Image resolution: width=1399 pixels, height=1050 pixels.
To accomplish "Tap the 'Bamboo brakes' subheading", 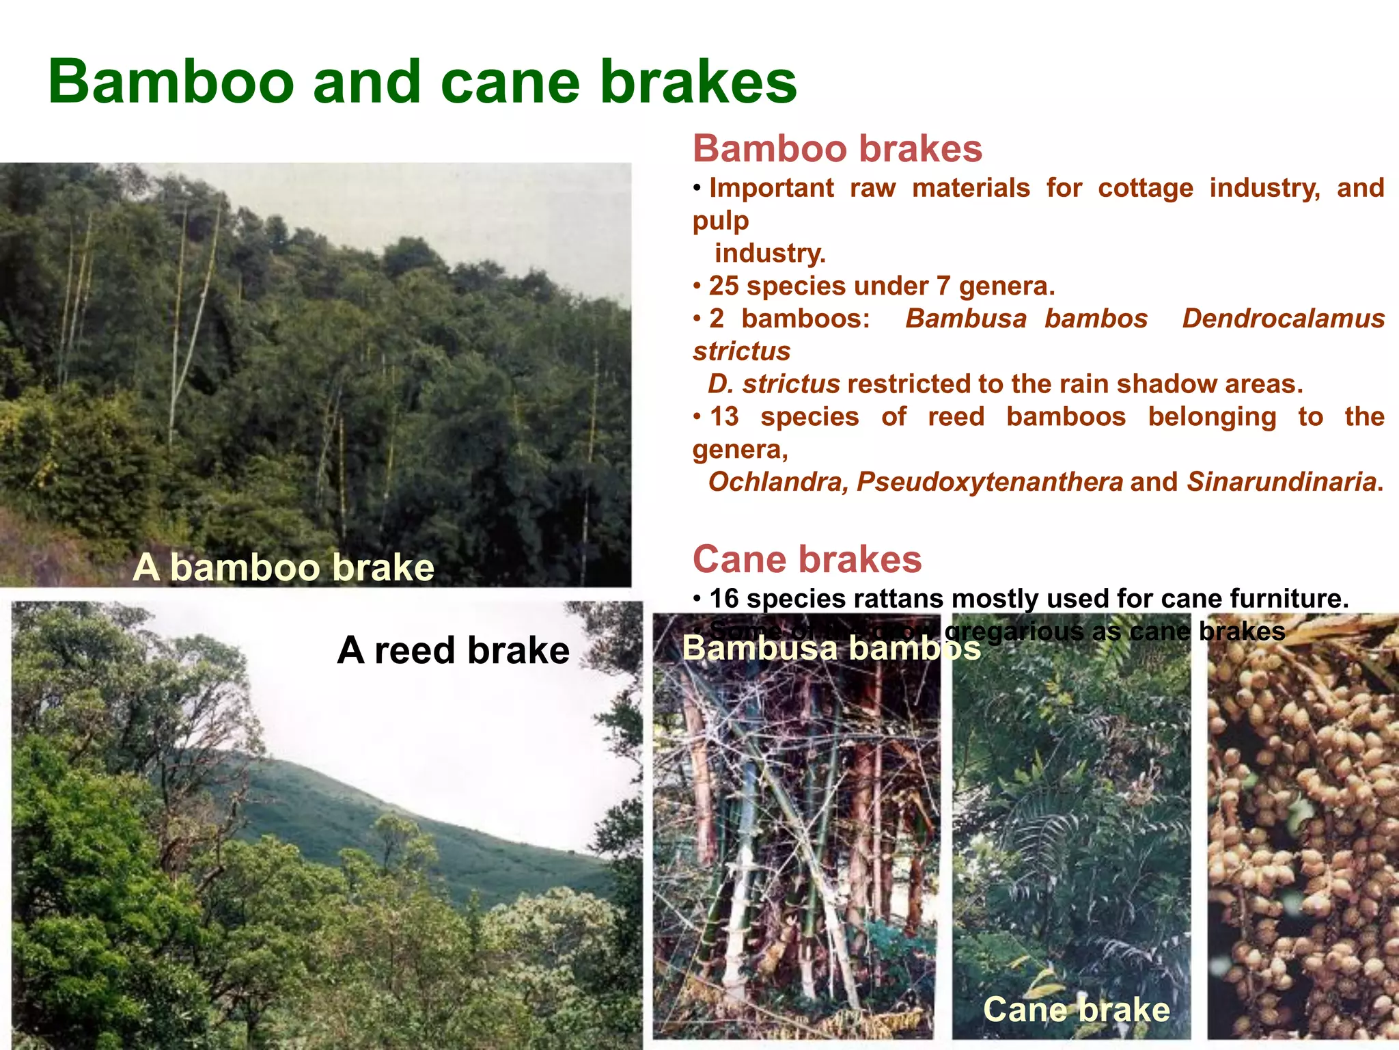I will click(x=837, y=149).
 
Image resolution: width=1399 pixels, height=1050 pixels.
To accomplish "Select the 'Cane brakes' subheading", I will click(x=807, y=559).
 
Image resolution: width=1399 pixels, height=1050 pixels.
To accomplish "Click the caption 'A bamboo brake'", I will click(x=283, y=567).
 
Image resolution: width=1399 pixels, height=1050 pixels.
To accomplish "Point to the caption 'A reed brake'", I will click(x=453, y=650).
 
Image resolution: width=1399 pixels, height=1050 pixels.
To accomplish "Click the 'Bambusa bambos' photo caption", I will click(x=831, y=648).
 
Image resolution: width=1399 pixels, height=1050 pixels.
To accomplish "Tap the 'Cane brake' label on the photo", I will click(x=1076, y=1010).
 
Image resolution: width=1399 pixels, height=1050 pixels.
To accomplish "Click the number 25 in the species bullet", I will click(x=723, y=286).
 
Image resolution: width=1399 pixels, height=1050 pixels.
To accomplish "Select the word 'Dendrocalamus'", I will click(x=1283, y=319).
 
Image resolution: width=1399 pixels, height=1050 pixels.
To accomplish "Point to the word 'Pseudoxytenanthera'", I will click(x=989, y=483).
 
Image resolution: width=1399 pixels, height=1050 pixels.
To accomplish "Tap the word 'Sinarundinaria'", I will click(x=1281, y=483).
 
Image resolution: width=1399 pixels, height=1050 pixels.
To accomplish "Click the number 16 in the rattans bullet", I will click(x=724, y=600).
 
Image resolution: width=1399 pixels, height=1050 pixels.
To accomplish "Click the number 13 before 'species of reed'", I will click(x=724, y=417).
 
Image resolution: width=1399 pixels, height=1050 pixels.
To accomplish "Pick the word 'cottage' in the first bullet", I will click(x=1145, y=189).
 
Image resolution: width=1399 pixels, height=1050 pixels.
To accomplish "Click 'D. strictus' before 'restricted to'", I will click(x=773, y=384).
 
